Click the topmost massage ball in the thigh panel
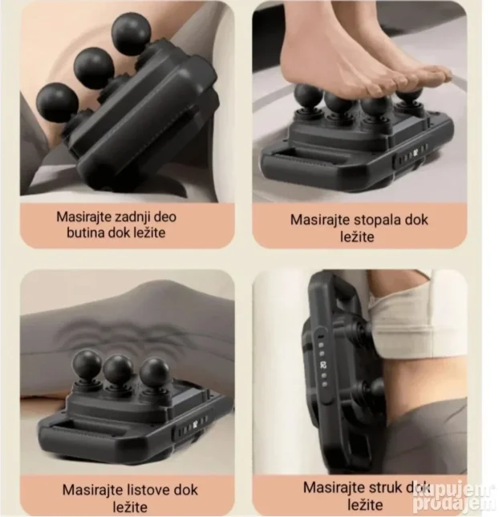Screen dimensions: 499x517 pos(131,34)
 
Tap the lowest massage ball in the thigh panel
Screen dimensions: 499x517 pos(57,103)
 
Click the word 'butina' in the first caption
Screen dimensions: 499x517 pos(86,232)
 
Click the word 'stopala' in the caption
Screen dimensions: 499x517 pos(377,220)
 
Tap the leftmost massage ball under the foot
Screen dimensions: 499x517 pos(308,95)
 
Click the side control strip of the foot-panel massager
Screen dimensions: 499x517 pos(411,155)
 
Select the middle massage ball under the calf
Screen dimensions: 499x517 pos(118,370)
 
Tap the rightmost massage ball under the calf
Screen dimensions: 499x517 pos(154,373)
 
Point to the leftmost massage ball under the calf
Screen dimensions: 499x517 pos(87,364)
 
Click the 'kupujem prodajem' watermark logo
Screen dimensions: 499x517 pos(456,499)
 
